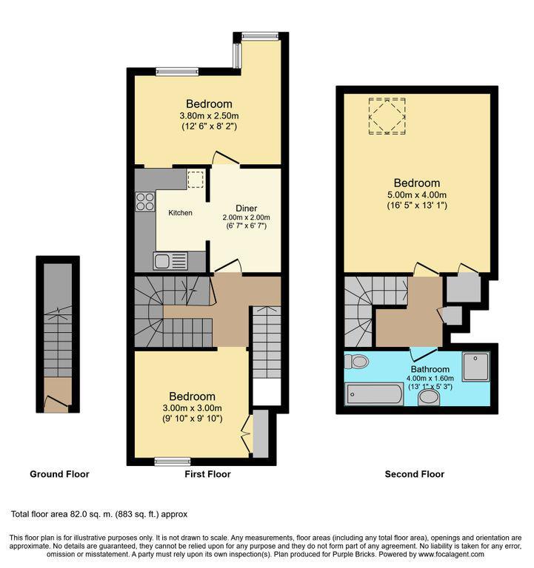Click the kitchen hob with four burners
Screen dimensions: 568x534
pos(145,200)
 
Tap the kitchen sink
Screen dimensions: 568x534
pos(171,260)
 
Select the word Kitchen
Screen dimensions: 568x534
pos(180,213)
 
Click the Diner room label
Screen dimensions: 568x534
pos(246,208)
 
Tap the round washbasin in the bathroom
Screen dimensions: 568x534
pos(428,399)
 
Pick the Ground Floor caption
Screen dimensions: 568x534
pos(59,474)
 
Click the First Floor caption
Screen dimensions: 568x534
pos(207,474)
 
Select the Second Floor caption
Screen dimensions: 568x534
pos(415,474)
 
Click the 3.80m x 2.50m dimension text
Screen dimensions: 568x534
pos(209,116)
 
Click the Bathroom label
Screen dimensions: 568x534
pos(430,369)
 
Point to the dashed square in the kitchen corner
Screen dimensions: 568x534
pos(195,179)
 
